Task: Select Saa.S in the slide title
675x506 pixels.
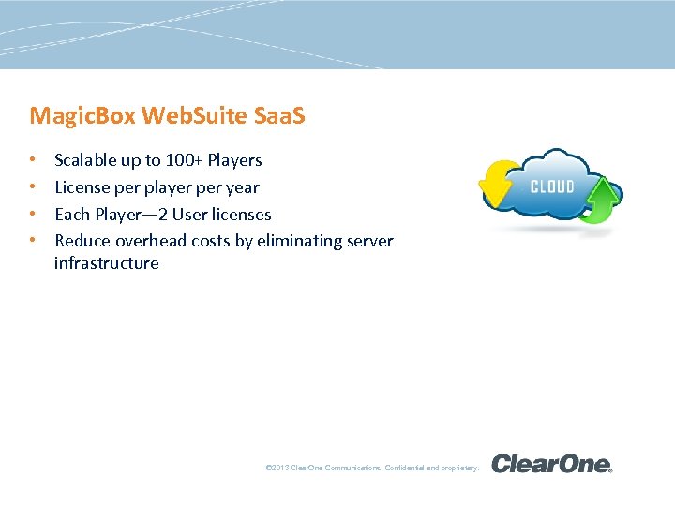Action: (280, 116)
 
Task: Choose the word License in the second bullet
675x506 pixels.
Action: (82, 187)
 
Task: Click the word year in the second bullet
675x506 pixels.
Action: (242, 187)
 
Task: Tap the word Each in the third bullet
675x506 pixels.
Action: (71, 215)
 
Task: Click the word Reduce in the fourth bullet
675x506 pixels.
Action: (82, 241)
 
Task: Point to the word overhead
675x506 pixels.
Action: (149, 241)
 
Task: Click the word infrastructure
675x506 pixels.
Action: (107, 263)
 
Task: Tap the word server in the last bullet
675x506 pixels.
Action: (370, 241)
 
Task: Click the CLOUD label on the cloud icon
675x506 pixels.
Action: (552, 186)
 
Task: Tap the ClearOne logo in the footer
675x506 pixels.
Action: (551, 464)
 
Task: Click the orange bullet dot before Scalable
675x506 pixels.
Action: (33, 160)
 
